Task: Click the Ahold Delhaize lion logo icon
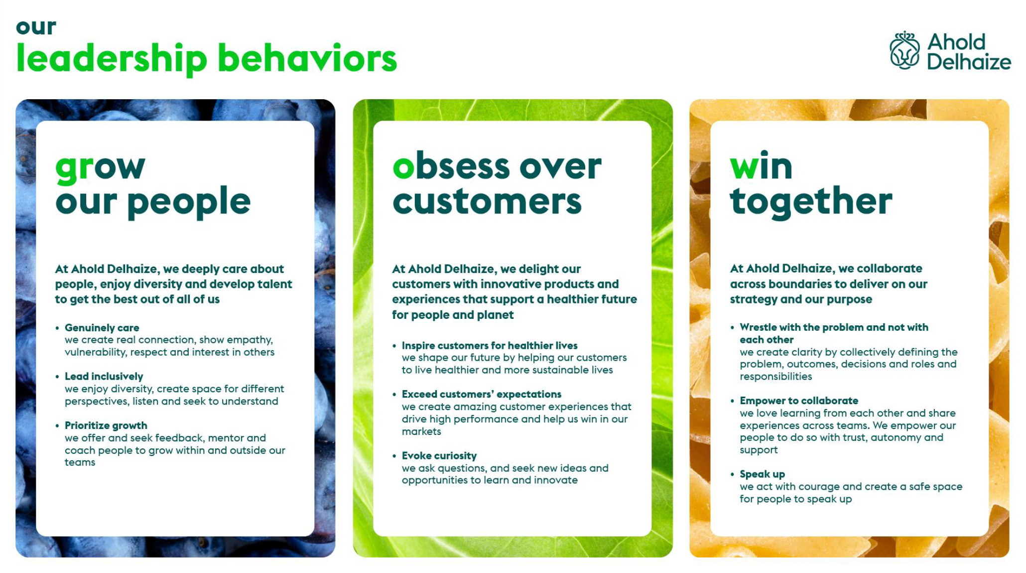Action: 904,51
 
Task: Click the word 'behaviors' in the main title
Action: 307,59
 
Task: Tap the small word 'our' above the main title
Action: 36,27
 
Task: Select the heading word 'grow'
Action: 100,167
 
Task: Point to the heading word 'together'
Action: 811,201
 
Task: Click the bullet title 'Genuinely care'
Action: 102,328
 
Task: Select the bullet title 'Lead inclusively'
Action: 104,377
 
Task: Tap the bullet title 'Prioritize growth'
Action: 106,426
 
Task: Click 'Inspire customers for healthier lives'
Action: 490,346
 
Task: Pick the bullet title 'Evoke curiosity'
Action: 439,456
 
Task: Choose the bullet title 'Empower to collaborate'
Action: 799,401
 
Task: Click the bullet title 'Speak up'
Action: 762,474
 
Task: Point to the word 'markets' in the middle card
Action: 421,431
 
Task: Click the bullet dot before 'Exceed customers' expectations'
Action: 394,395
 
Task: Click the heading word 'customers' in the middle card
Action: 487,202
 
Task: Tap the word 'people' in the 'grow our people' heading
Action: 189,202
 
